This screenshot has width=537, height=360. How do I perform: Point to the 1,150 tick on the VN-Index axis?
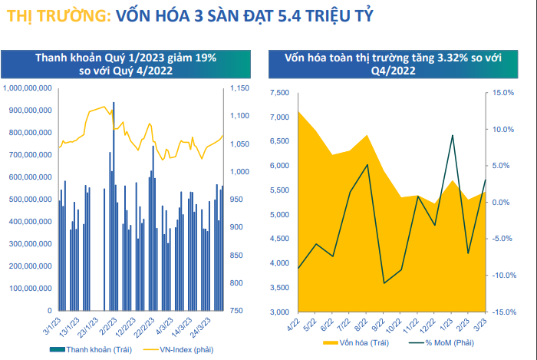tap(239, 89)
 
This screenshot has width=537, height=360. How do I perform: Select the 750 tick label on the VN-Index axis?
tap(236, 311)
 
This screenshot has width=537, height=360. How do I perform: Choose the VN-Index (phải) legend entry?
tap(181, 349)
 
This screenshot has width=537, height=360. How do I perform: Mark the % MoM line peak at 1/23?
tap(453, 135)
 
